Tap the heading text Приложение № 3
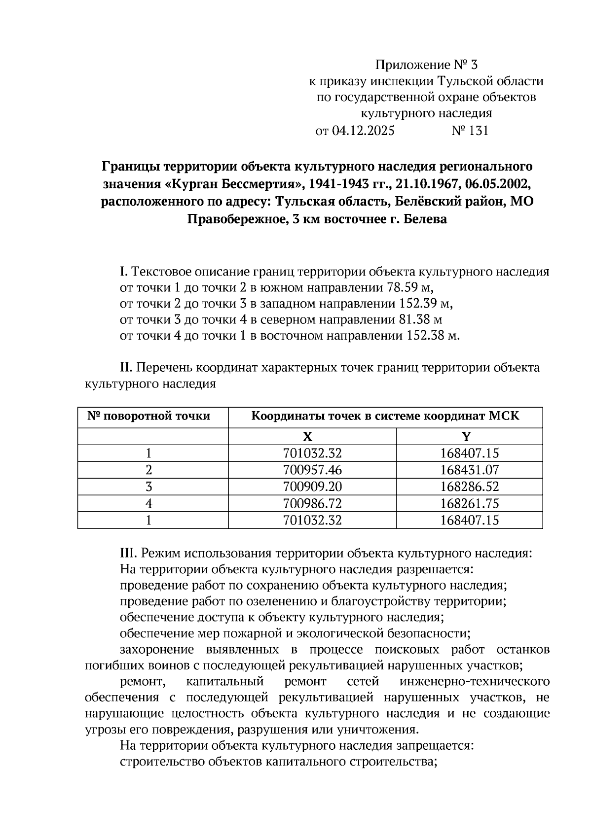427,65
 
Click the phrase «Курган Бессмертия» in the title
232,184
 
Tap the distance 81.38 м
419,320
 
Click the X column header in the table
307,436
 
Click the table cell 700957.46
312,470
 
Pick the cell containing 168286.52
469,487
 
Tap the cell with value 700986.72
312,503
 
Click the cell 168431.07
469,470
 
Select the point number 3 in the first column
149,487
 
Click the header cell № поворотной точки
149,417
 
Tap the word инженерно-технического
475,682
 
